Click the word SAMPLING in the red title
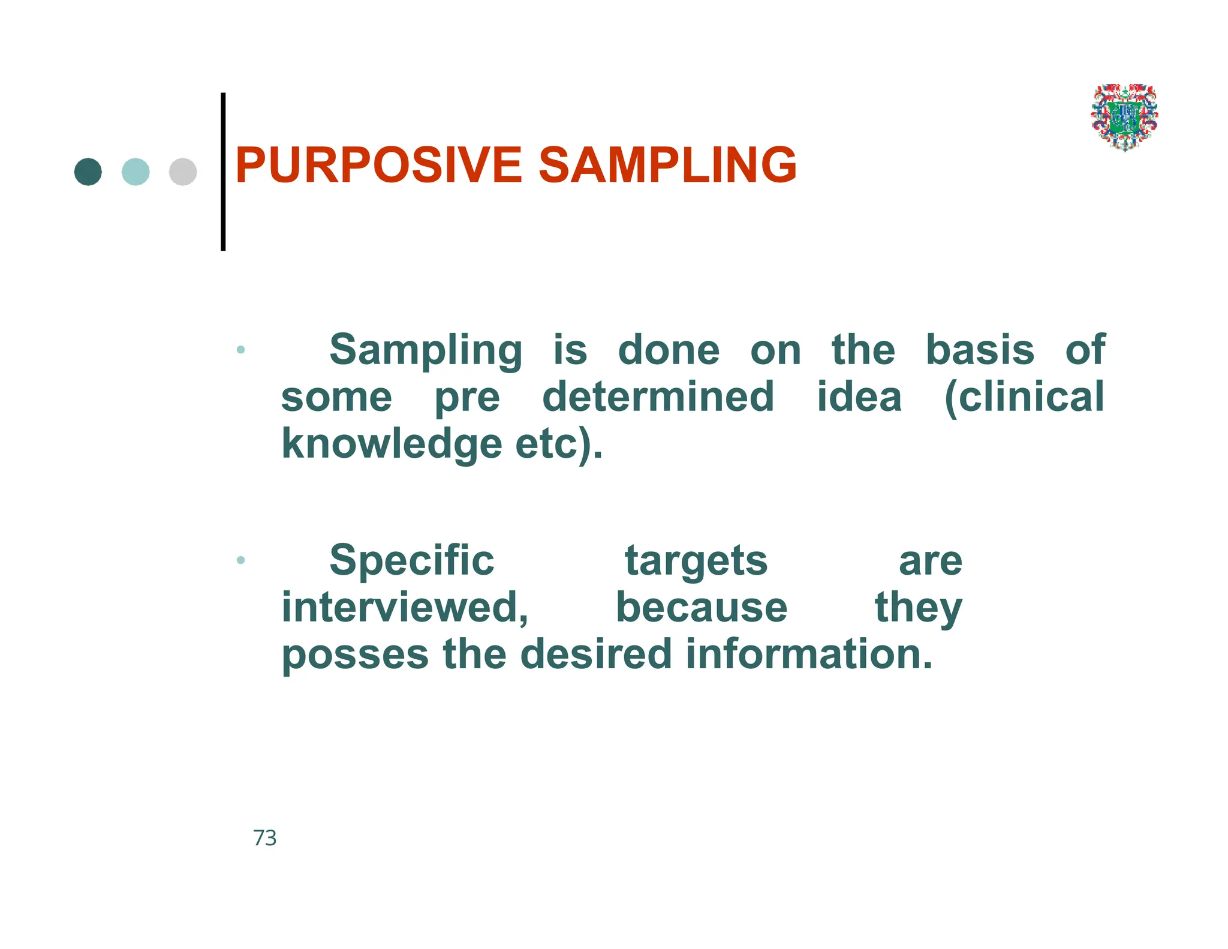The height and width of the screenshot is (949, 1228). tap(667, 165)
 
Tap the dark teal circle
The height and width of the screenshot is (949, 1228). tap(88, 172)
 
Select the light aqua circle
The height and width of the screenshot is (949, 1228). tap(136, 172)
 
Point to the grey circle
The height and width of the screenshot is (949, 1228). tap(183, 172)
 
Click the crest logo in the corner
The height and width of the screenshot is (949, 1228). tap(1124, 118)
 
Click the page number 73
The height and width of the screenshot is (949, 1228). tap(265, 838)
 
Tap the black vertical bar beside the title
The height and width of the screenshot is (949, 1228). tap(223, 172)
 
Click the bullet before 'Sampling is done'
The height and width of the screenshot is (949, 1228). tap(240, 349)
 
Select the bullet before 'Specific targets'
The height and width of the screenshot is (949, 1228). tap(240, 560)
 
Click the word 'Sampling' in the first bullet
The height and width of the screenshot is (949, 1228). tap(426, 350)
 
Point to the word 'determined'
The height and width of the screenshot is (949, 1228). tap(658, 397)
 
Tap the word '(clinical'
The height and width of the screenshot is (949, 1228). tap(1024, 397)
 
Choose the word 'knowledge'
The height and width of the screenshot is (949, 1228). tap(391, 445)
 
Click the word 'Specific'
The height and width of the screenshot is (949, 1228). tap(412, 560)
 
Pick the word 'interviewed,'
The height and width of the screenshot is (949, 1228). tap(405, 608)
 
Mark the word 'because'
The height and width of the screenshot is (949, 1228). tap(702, 608)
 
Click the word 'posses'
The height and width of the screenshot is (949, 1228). tap(355, 654)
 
